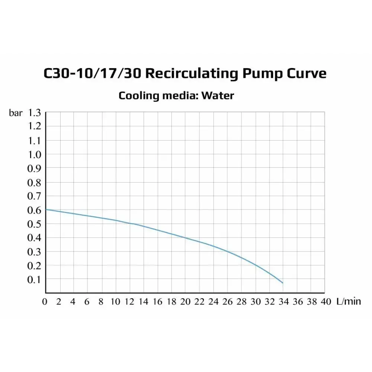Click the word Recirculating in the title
point(191,73)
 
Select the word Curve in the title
point(307,73)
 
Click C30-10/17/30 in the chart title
point(92,73)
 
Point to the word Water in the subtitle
point(218,96)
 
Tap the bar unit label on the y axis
point(16,113)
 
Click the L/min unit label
point(349,301)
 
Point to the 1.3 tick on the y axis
point(34,113)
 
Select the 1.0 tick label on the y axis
point(34,154)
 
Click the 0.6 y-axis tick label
point(34,210)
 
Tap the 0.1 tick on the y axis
point(34,279)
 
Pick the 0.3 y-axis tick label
point(34,252)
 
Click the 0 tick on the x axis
point(45,301)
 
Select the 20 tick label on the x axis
point(185,301)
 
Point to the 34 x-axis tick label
point(283,301)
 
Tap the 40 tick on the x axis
point(325,301)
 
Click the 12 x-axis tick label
point(129,301)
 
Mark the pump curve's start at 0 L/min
point(46,209)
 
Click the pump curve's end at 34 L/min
point(283,283)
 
